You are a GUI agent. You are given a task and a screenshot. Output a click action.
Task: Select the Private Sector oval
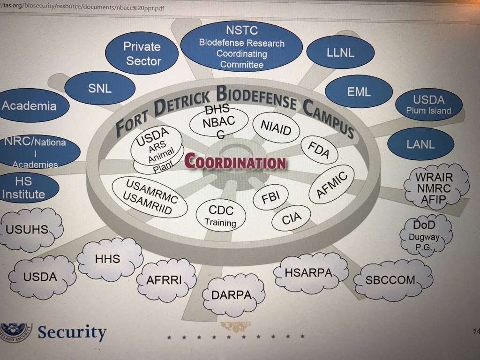click(x=142, y=53)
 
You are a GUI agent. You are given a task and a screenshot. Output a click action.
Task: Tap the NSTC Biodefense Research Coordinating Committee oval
click(x=241, y=47)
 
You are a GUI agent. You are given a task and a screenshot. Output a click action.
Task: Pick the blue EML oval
click(x=359, y=92)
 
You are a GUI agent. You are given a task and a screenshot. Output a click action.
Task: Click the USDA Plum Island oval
click(x=428, y=105)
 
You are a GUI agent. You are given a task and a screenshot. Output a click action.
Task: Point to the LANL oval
click(x=420, y=144)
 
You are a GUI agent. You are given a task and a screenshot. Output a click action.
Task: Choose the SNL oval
click(x=100, y=88)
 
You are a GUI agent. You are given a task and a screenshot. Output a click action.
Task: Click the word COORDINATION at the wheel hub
click(x=235, y=162)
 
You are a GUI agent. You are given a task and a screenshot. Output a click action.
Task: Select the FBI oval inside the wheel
click(x=270, y=197)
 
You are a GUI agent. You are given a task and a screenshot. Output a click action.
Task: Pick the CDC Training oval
click(x=220, y=216)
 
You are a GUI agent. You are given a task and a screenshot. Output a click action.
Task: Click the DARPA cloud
click(x=231, y=295)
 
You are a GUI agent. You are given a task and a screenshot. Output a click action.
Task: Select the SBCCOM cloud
click(x=390, y=280)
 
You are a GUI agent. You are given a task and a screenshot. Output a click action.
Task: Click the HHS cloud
click(x=108, y=259)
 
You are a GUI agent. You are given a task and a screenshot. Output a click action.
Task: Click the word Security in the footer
click(x=72, y=332)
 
